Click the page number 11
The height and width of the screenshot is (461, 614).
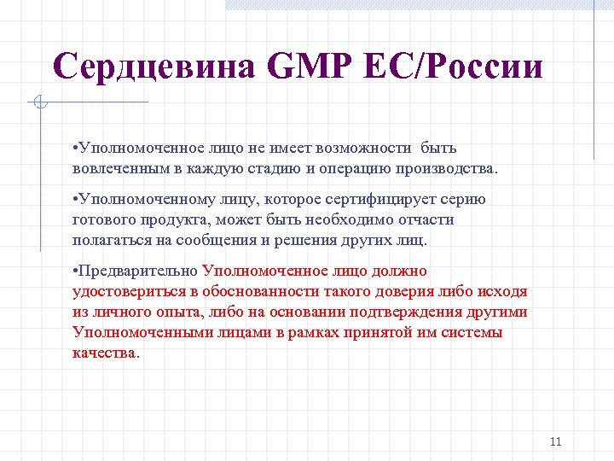[556, 441]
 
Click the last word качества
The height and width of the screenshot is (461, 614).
[105, 353]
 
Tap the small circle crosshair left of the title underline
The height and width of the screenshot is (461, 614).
[39, 103]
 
